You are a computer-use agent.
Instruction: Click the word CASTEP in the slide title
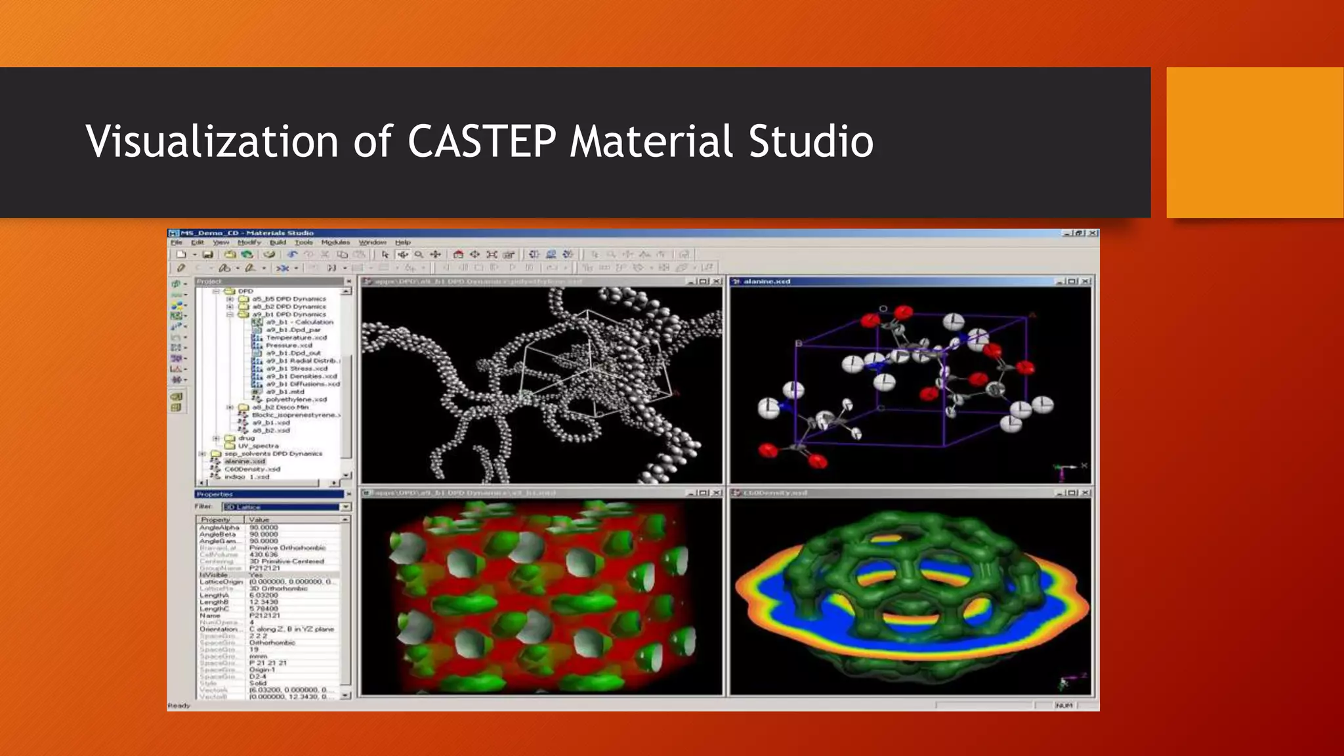pos(481,141)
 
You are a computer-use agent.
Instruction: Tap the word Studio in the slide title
pos(810,141)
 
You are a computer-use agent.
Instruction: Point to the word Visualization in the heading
pos(212,141)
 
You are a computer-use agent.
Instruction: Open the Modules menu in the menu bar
pos(335,242)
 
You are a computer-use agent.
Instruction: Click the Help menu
pos(402,242)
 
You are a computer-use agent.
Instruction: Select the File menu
pos(177,242)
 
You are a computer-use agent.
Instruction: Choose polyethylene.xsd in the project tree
pos(296,399)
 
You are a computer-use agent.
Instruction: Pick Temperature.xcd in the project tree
pos(296,337)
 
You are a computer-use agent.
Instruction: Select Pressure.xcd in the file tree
pos(289,345)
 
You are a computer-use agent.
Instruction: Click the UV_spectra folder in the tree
pos(258,446)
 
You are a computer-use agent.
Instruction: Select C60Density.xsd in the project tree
pos(252,469)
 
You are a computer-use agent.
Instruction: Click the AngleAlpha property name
pos(219,528)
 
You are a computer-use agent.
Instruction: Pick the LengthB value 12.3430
pos(264,602)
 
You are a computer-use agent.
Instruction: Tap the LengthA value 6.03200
pos(264,595)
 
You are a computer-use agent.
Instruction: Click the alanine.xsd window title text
pos(766,282)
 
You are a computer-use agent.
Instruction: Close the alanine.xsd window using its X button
pos(1086,282)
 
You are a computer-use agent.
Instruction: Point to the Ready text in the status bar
pos(179,705)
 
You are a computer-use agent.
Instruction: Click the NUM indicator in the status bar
pos(1064,705)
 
